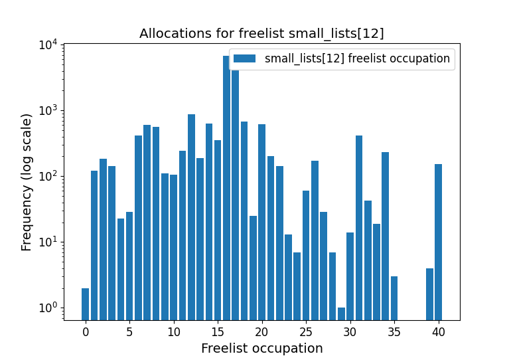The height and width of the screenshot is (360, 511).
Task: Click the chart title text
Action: coord(261,33)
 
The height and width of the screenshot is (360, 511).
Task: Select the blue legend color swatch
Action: coord(244,58)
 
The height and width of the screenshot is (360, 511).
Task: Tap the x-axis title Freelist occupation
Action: coord(261,348)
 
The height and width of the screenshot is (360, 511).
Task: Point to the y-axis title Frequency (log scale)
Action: coord(27,182)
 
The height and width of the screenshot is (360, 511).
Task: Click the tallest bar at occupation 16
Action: coord(226,186)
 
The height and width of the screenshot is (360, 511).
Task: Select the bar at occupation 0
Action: coord(85,304)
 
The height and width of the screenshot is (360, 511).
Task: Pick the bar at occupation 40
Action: coord(438,242)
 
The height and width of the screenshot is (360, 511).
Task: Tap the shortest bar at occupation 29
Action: coord(341,314)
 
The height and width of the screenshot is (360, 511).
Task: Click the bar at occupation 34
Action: coord(385,236)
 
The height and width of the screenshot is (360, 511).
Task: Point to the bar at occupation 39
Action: coord(429,294)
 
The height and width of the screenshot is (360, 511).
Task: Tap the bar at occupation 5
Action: coord(129,266)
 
